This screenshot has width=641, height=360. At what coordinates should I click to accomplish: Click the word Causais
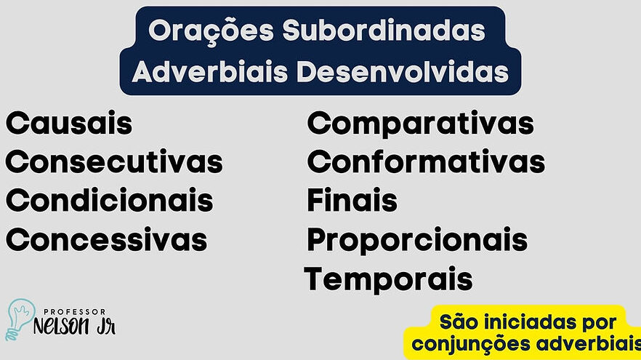(69, 123)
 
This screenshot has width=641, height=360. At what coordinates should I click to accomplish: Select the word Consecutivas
(114, 161)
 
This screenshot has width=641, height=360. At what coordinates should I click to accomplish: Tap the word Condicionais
(110, 201)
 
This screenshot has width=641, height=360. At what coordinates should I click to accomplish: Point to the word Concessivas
(106, 240)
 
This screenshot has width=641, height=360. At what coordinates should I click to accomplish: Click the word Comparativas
(420, 124)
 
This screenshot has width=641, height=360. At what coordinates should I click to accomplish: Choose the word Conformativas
(426, 161)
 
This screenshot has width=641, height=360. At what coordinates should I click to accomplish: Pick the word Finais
(352, 200)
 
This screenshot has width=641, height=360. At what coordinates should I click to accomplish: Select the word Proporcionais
(417, 241)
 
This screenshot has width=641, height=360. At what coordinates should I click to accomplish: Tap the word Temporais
(388, 280)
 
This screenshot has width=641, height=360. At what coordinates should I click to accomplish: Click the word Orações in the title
(211, 31)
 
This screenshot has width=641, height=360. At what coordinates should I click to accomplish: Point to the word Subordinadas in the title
(384, 31)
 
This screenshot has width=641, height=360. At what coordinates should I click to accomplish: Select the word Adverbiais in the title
(210, 71)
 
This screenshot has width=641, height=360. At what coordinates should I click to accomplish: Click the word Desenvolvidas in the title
(403, 71)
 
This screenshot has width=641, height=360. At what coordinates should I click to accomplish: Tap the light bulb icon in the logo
(20, 319)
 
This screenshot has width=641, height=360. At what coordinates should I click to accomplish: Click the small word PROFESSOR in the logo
(74, 312)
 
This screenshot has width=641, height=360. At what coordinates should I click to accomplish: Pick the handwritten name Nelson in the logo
(61, 327)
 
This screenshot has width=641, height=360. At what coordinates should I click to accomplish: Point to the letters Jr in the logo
(106, 327)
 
